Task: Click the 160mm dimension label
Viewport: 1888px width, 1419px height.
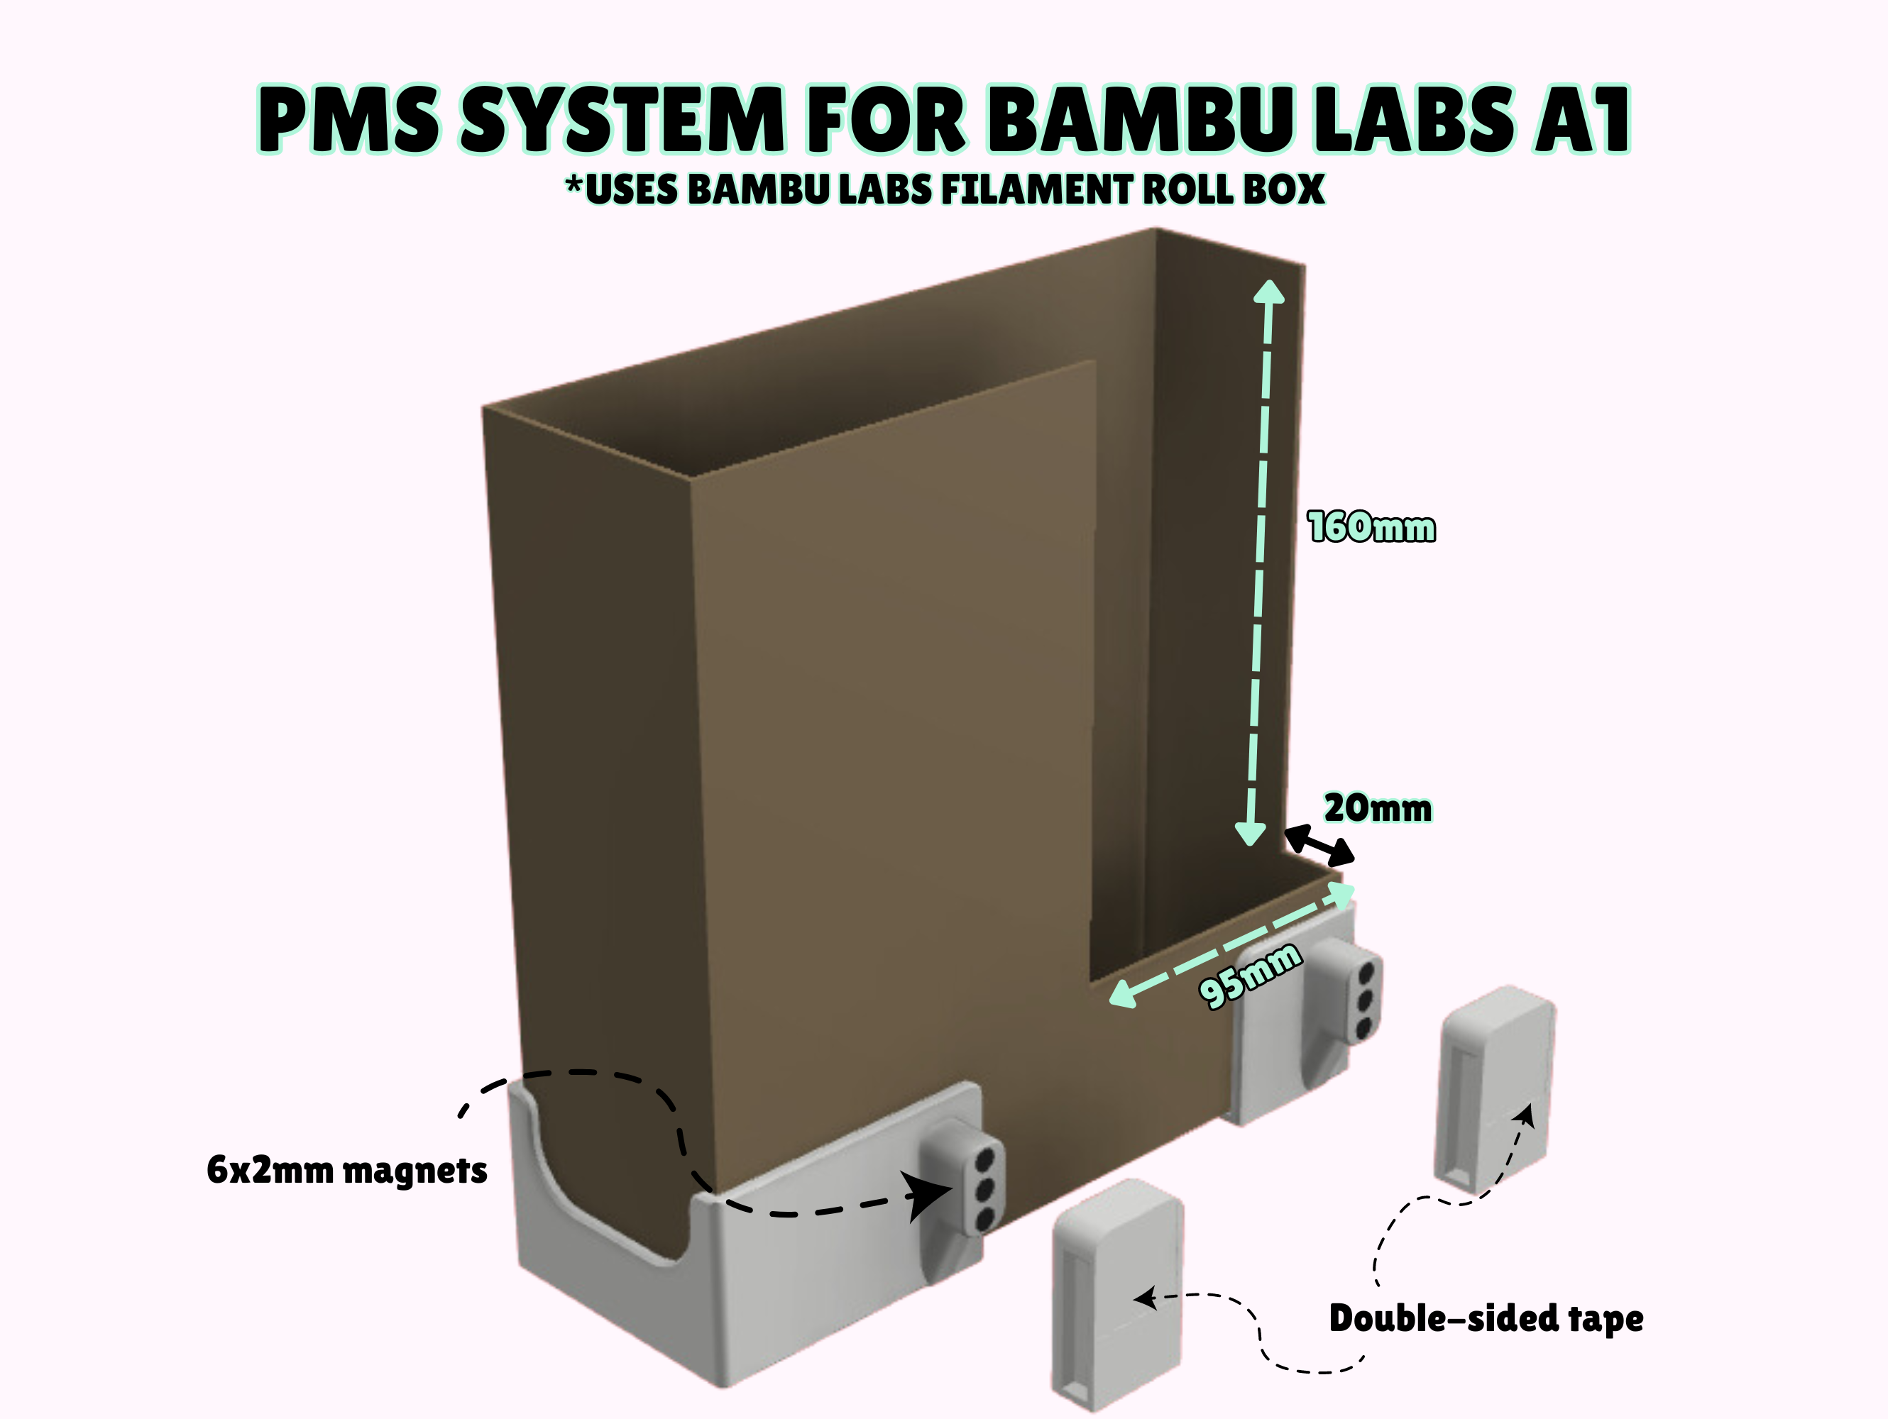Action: click(x=1371, y=527)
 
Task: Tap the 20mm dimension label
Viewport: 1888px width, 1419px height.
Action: click(x=1377, y=808)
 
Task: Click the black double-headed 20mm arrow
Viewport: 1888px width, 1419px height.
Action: click(x=1319, y=845)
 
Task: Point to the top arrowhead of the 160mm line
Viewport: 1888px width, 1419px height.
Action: click(x=1269, y=293)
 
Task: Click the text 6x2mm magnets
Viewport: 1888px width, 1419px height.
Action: click(x=346, y=1170)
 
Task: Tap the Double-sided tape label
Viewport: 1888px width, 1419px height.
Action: click(x=1485, y=1318)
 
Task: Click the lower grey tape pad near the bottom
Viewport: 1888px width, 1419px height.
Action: click(x=1118, y=1293)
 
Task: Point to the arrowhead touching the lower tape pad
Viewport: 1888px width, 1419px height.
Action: click(x=1143, y=1298)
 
